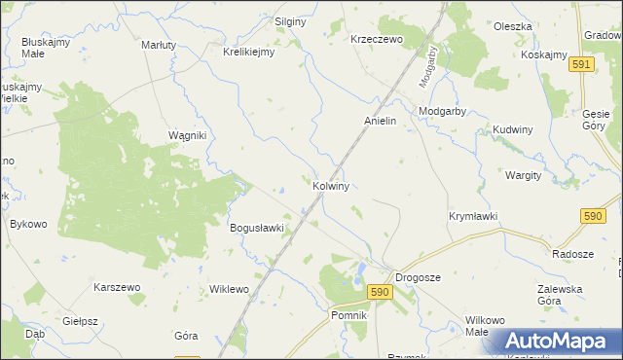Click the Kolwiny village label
(x=331, y=185)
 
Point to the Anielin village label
(x=380, y=121)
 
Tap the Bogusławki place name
(x=256, y=229)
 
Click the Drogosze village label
(x=418, y=277)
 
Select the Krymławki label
(x=473, y=215)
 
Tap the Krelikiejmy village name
(x=249, y=53)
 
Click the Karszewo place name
(x=118, y=288)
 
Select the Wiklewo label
(x=230, y=290)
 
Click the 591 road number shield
(x=581, y=63)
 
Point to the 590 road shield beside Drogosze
(x=380, y=291)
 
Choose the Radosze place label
(x=572, y=253)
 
